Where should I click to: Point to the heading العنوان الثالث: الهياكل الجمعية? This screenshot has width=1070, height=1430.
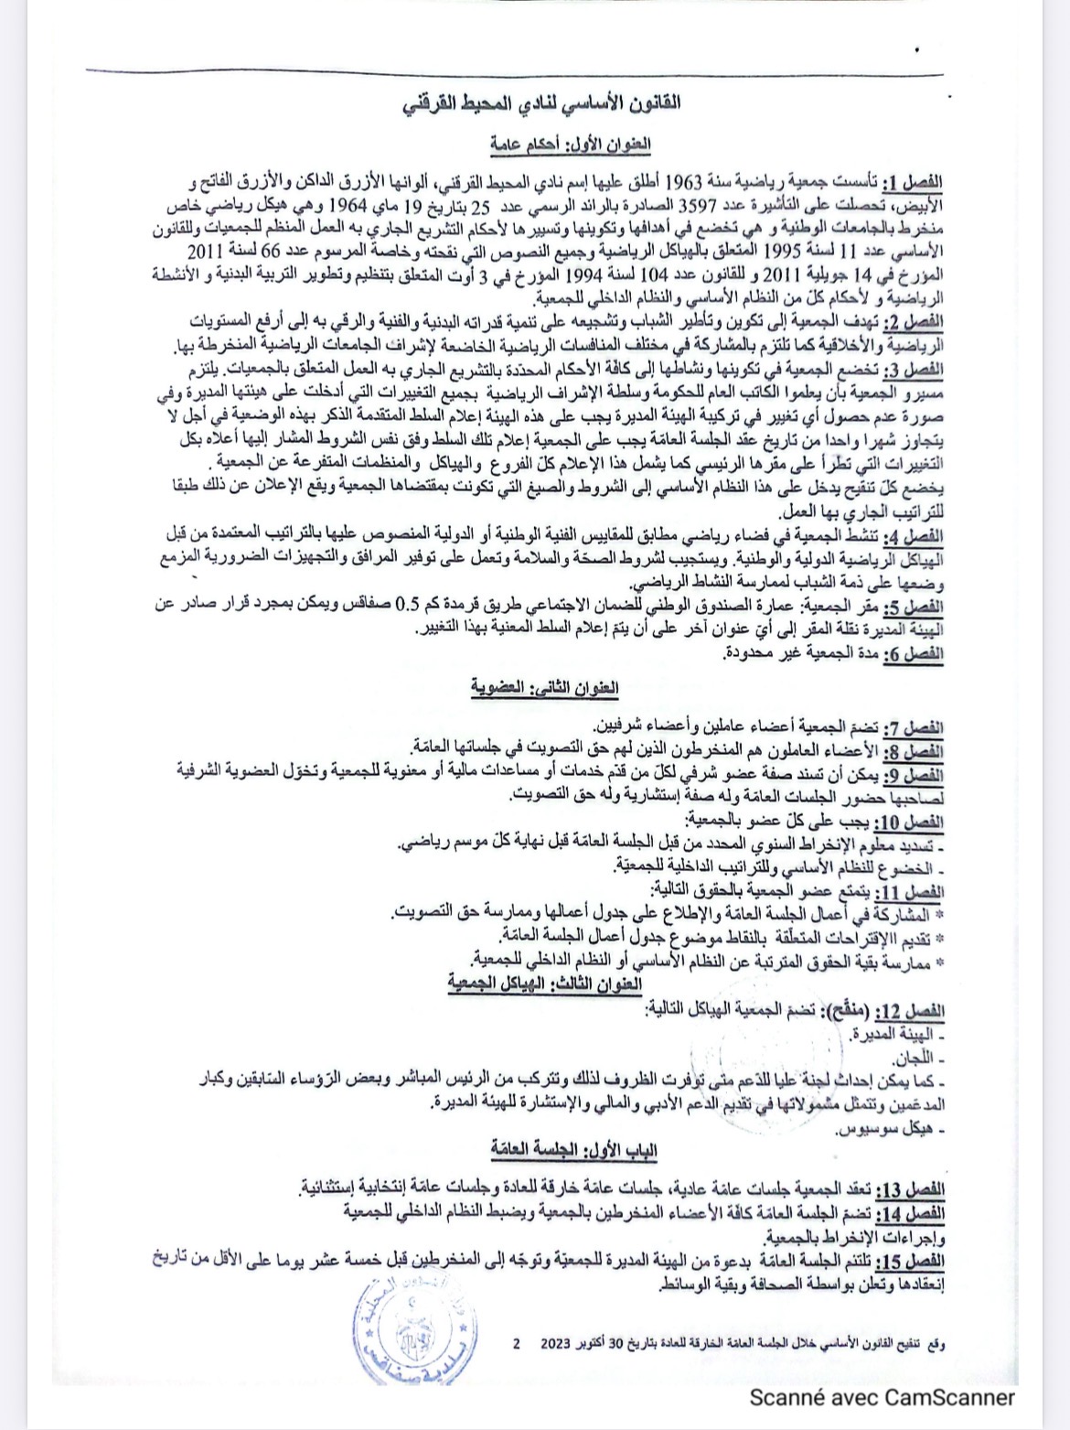coord(545,983)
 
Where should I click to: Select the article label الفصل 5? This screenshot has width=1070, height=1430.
coord(915,607)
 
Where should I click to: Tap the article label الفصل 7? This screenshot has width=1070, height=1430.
coord(916,728)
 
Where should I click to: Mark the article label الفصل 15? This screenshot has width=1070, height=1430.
coord(912,1261)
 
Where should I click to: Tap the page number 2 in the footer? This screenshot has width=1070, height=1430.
coord(518,1344)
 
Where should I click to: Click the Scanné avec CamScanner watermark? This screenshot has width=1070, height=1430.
coord(883,1397)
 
